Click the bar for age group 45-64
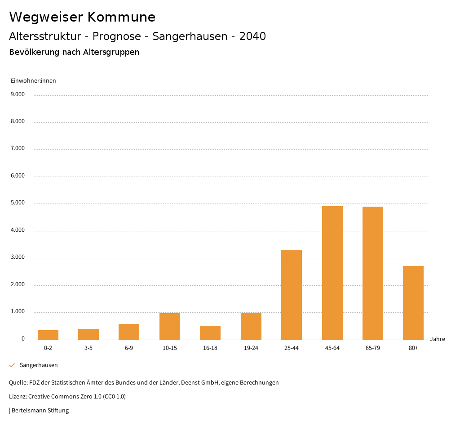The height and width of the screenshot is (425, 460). click(332, 273)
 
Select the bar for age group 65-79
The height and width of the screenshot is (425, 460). click(372, 273)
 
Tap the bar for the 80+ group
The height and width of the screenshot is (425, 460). click(413, 303)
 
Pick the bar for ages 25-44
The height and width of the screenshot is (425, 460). click(292, 295)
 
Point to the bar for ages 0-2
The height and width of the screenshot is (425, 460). click(48, 335)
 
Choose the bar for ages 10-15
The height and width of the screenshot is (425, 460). click(170, 327)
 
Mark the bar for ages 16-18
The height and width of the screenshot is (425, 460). click(210, 333)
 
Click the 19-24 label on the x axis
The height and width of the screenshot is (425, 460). click(251, 348)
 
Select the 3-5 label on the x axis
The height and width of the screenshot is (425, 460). click(88, 348)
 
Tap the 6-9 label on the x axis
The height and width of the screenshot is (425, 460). click(129, 348)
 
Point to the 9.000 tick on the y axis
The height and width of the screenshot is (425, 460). click(17, 94)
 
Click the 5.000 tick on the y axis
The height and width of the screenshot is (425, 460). click(17, 203)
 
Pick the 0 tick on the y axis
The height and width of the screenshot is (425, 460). click(23, 339)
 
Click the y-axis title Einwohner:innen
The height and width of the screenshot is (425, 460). click(33, 81)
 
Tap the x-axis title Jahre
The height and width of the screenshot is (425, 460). click(437, 339)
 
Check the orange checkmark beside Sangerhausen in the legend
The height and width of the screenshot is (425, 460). click(12, 365)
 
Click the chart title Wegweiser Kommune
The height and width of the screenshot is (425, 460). click(82, 17)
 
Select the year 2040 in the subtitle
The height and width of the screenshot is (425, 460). click(252, 36)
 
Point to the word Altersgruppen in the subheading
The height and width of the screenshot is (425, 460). click(111, 52)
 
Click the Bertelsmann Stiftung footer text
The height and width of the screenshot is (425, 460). click(40, 411)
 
